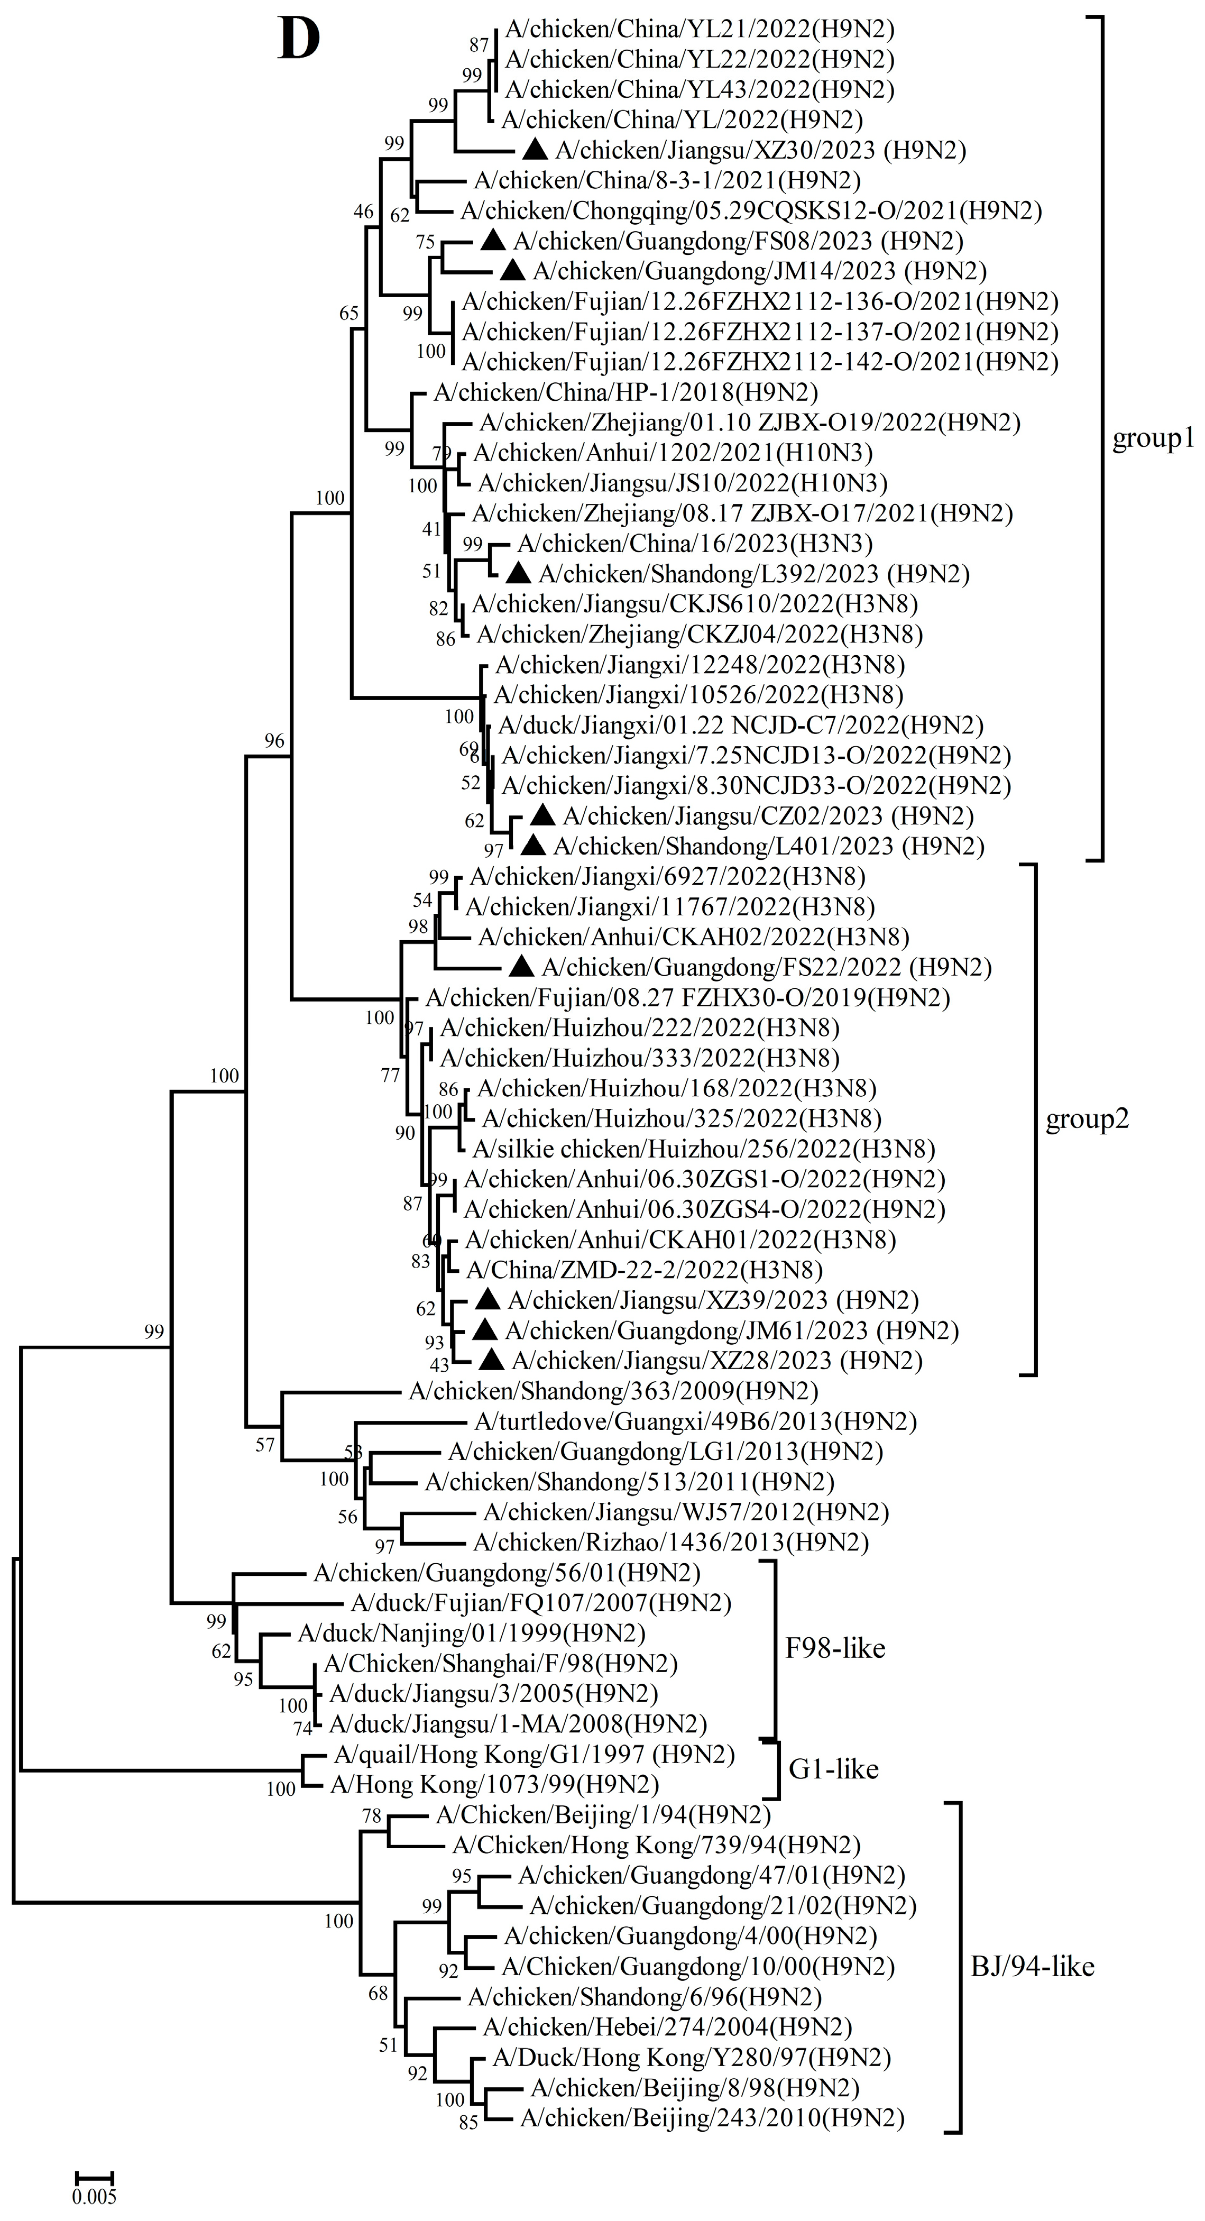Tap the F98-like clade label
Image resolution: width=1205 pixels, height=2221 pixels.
[x=834, y=1648]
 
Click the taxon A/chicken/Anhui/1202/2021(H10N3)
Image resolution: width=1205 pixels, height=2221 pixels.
[x=673, y=453]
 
